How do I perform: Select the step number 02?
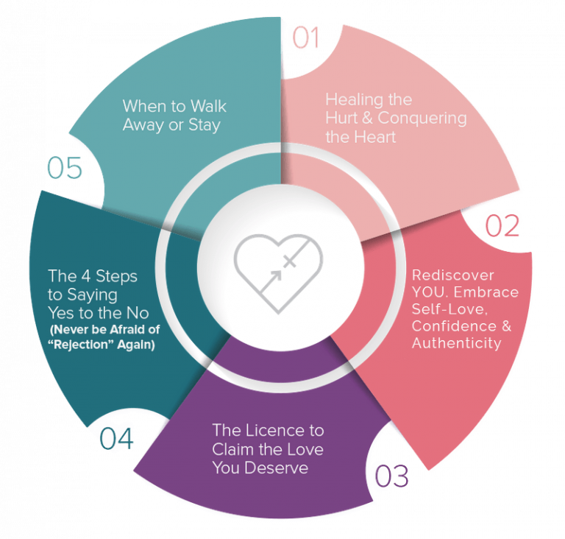coord(502,225)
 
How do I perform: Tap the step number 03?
coord(391,476)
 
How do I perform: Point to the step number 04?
coord(117,439)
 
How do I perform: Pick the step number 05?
coord(65,169)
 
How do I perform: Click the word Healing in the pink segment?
coord(349,99)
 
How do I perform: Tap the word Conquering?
coord(427,118)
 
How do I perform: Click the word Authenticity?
coord(457,343)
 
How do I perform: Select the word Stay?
coord(204,125)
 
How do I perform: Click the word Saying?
coord(95,295)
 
